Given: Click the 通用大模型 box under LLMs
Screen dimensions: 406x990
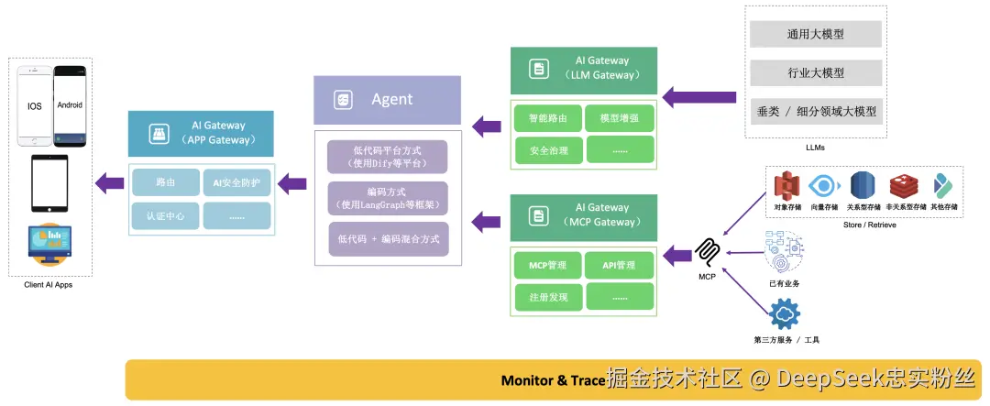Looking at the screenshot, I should (815, 35).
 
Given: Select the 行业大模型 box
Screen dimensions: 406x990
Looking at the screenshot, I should (815, 72).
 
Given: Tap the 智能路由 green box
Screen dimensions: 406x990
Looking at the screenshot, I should (547, 119).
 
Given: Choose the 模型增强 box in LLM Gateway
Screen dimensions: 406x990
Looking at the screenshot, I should (620, 119).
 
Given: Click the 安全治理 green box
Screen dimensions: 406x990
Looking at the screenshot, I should (547, 148).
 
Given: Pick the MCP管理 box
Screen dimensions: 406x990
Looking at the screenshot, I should (547, 267).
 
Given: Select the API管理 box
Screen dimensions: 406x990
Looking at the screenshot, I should (620, 267).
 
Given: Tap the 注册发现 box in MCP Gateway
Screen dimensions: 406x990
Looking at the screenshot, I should (547, 297).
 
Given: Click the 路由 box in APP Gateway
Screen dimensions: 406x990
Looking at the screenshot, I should (166, 182).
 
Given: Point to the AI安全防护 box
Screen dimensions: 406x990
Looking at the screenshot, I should (236, 182).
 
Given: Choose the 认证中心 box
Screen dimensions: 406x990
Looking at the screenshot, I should (166, 215).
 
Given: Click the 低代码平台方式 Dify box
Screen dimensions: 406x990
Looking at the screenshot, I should (388, 157).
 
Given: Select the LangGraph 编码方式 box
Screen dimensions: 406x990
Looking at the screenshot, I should (388, 198).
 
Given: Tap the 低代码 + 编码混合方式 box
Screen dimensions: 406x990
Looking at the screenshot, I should (388, 238).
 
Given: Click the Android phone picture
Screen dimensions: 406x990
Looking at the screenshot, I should (70, 106).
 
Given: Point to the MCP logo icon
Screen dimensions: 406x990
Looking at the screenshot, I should (706, 251).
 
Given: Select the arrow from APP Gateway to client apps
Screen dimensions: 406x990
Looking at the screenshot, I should (111, 183).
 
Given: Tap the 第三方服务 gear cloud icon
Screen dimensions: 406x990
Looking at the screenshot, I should (786, 313).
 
